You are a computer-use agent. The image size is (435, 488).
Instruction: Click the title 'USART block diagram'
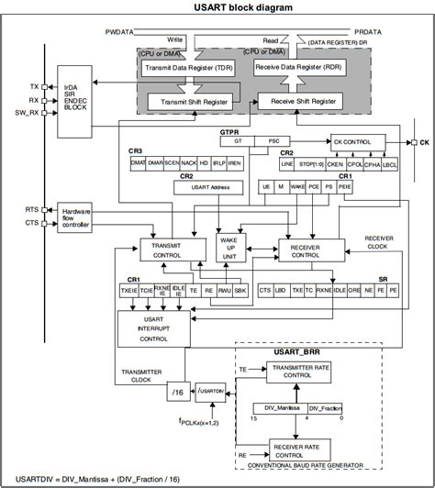[217, 8]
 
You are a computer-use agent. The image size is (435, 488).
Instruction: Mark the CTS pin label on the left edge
[31, 222]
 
